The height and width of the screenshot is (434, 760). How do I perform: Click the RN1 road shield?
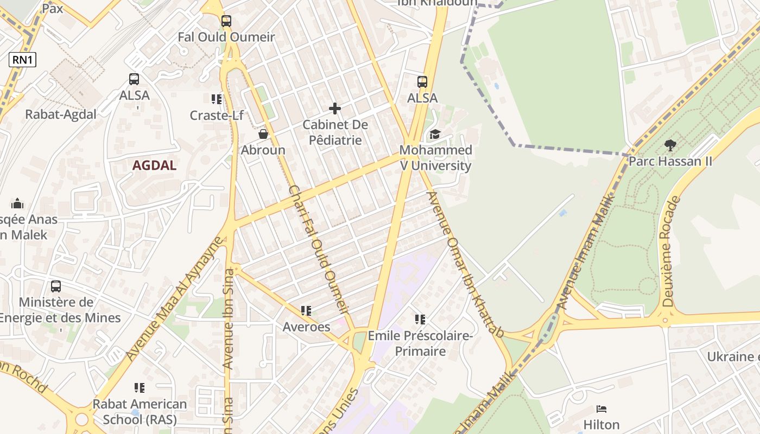point(22,60)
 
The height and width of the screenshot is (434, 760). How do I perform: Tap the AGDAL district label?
point(155,165)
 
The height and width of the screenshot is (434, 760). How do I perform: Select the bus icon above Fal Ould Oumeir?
point(226,21)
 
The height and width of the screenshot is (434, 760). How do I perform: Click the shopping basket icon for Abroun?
point(263,134)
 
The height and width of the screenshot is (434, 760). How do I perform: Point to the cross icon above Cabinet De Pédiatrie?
point(335,108)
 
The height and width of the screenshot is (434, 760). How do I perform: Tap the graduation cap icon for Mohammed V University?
point(435,134)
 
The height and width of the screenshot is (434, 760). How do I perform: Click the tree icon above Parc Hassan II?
point(670,145)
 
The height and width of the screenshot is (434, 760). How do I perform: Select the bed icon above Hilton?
point(601,409)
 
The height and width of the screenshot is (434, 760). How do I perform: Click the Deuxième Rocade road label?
point(672,252)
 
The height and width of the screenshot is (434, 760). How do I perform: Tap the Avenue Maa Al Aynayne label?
point(174,299)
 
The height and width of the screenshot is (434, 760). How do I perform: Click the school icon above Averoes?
point(306,311)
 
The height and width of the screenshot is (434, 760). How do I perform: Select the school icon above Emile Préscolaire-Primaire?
point(420,320)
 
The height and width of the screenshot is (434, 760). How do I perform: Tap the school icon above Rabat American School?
point(140,388)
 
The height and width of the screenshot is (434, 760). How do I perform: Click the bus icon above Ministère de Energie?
point(56,286)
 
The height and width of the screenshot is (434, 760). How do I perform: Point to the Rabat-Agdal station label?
point(61,114)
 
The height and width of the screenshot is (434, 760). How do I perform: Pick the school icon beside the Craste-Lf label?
point(217,99)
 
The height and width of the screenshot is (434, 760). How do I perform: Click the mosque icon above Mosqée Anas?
point(17,203)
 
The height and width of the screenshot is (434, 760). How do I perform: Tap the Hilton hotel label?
point(601,424)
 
